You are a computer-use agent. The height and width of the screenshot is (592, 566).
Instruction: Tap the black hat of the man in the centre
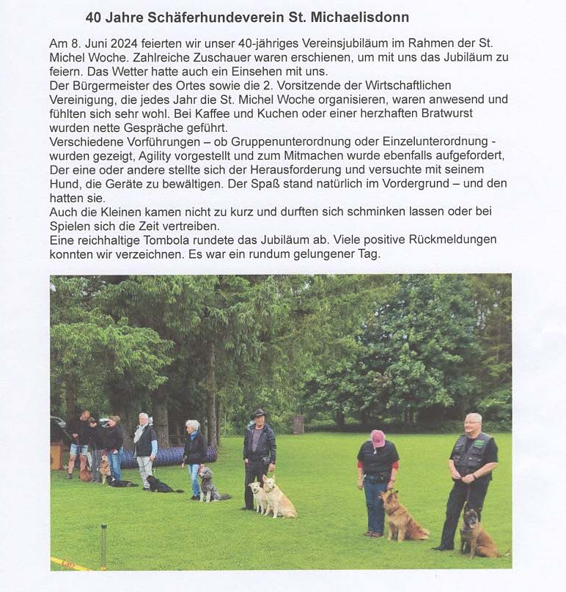click(x=258, y=413)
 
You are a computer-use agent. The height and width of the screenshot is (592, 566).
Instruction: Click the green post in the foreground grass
click(x=103, y=545)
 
